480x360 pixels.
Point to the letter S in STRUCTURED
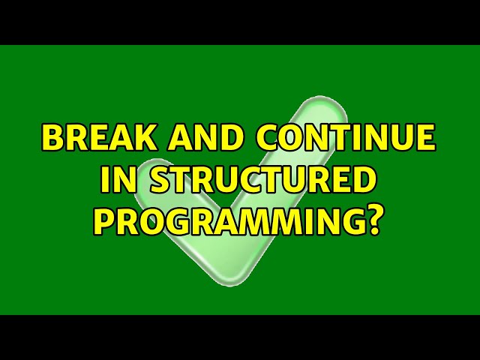point(145,181)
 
